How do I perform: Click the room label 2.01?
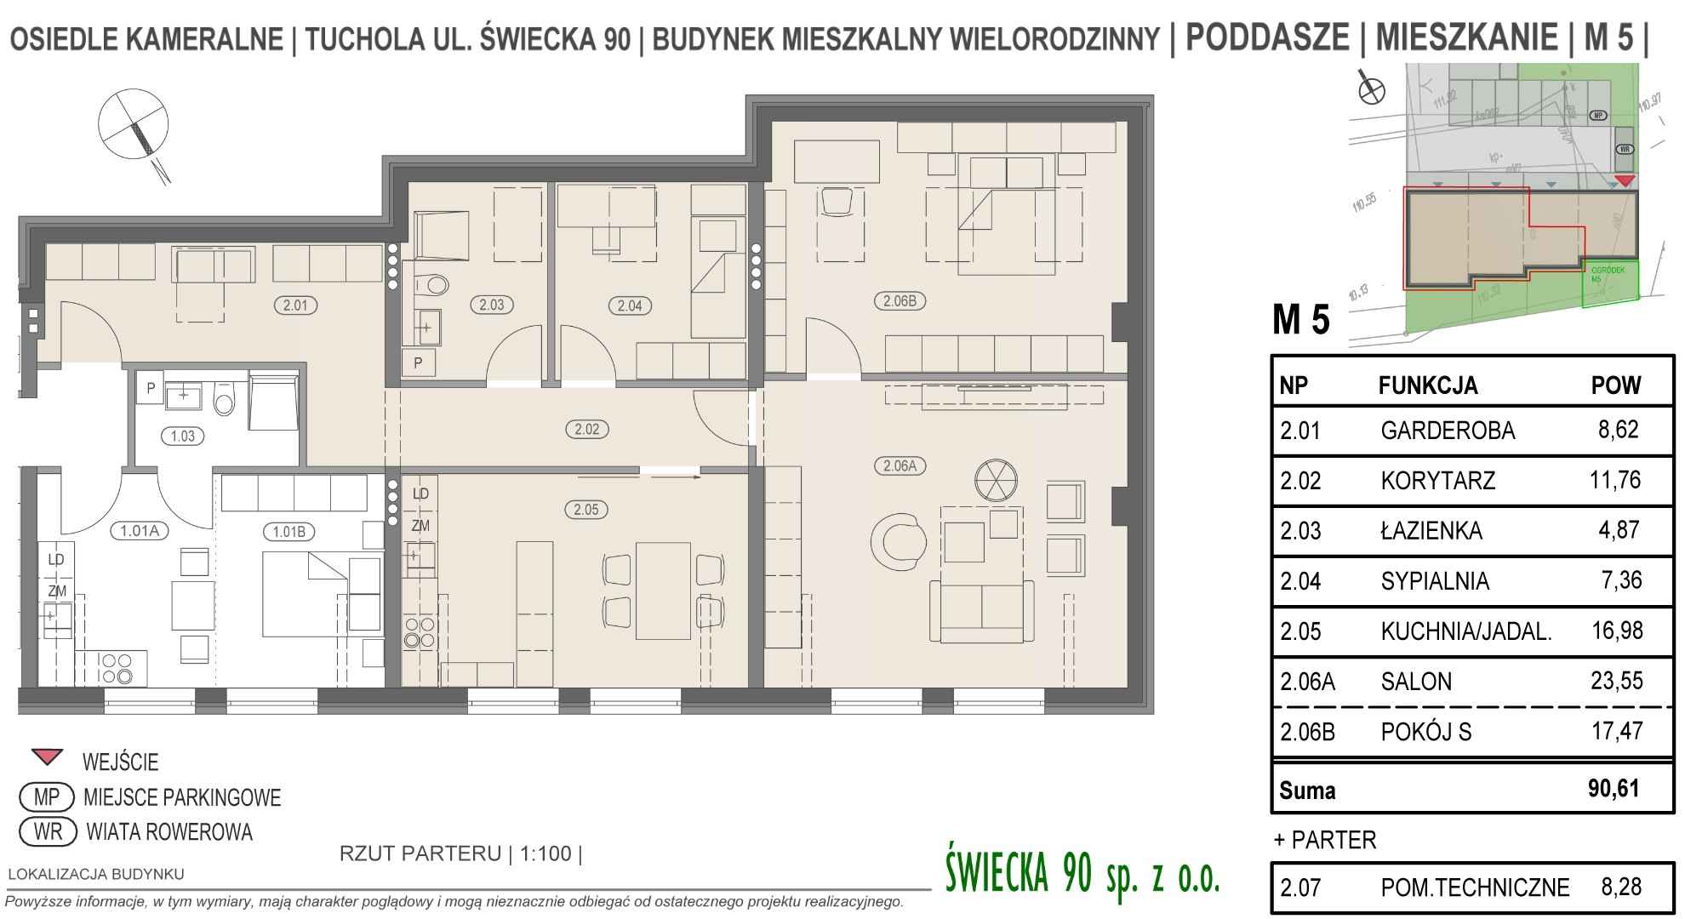[294, 305]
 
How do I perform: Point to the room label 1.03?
[182, 436]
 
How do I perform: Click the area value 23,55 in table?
[1616, 681]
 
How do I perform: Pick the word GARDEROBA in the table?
[1448, 431]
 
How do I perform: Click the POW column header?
[1615, 385]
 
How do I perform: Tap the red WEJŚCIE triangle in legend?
[47, 756]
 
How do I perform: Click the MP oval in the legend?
[46, 797]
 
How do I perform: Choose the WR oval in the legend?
[48, 831]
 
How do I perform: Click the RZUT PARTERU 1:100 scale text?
[460, 853]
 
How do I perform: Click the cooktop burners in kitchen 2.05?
[419, 632]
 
